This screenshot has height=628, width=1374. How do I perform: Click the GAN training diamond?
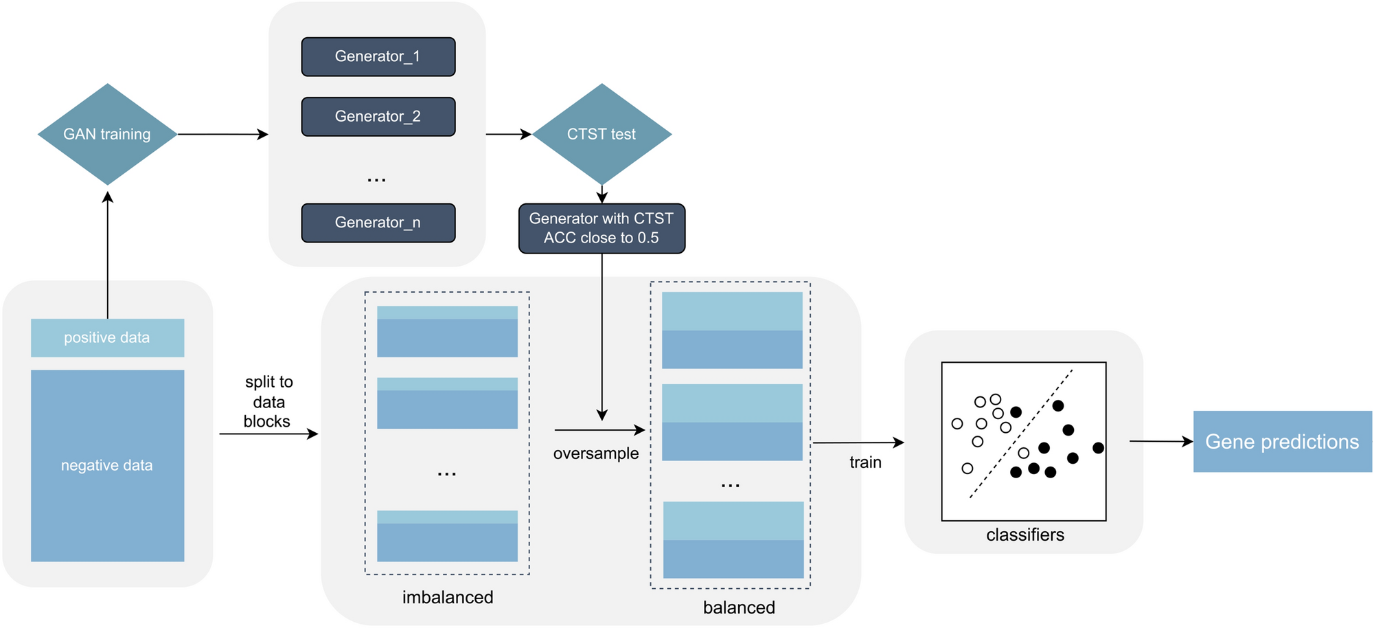108,134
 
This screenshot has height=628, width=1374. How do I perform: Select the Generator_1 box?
378,56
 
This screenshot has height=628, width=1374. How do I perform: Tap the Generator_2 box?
378,116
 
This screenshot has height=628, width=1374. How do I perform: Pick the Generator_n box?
378,223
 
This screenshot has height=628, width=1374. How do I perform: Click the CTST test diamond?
602,134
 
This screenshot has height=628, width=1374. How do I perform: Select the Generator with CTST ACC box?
602,228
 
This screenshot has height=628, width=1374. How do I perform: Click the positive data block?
108,337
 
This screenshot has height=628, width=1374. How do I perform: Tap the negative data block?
108,466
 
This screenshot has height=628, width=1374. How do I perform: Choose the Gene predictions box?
1283,442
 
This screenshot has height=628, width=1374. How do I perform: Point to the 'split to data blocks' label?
268,402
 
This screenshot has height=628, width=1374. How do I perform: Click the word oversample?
596,453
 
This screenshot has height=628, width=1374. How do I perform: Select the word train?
865,462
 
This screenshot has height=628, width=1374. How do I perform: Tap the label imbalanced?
448,597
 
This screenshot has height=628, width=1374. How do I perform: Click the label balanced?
739,607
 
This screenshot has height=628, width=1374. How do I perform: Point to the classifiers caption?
1025,535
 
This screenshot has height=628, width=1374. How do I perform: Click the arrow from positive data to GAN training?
108,255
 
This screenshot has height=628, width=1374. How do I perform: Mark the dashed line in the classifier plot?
1021,434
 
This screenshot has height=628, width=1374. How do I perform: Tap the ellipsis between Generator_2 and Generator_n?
377,180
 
